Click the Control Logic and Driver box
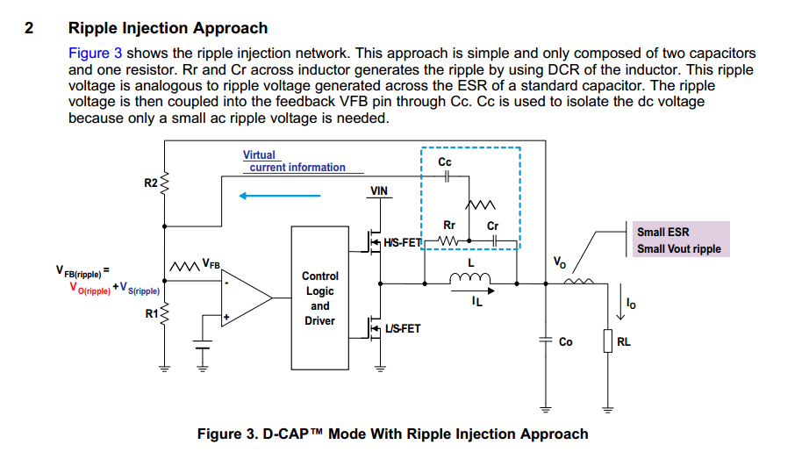(x=320, y=298)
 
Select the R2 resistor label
(x=150, y=183)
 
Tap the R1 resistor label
(x=151, y=312)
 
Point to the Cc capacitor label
(x=445, y=162)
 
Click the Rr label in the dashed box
(x=449, y=226)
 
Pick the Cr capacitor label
(x=492, y=226)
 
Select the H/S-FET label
(x=403, y=241)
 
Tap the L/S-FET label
(x=403, y=329)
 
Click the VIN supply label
(x=379, y=190)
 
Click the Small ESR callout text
(x=663, y=233)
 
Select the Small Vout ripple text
(x=679, y=249)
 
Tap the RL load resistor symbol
(x=606, y=341)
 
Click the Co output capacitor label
(x=566, y=341)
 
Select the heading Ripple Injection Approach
(x=168, y=29)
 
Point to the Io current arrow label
(x=631, y=305)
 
